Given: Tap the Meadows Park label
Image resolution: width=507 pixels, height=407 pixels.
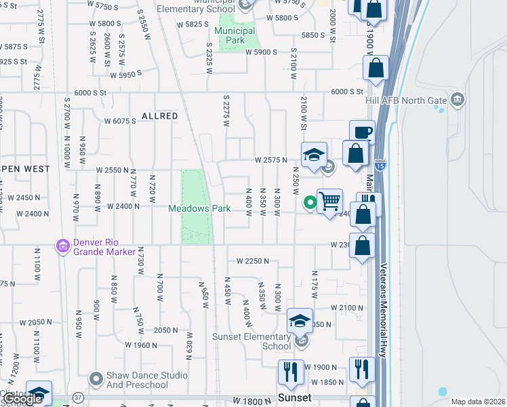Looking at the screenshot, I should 200,208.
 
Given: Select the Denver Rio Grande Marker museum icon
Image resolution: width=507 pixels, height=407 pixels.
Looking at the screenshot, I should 63,244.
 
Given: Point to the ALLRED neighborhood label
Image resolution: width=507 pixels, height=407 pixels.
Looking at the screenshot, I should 160,117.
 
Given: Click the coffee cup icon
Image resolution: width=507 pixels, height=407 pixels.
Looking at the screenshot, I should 362,132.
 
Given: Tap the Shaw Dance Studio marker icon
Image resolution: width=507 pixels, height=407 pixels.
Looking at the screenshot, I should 96,377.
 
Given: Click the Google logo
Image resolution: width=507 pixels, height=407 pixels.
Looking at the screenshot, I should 23,400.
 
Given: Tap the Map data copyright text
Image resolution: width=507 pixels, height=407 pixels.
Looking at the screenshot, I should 478,402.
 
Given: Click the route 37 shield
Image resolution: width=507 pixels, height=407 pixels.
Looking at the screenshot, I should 79,398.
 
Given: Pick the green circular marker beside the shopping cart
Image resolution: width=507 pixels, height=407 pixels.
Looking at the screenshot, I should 310,201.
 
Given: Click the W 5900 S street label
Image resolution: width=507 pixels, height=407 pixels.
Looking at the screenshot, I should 262,52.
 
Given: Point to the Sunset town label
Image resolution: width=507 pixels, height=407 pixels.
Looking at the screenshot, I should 294,398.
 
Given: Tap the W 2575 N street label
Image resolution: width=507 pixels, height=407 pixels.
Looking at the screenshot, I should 271,160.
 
